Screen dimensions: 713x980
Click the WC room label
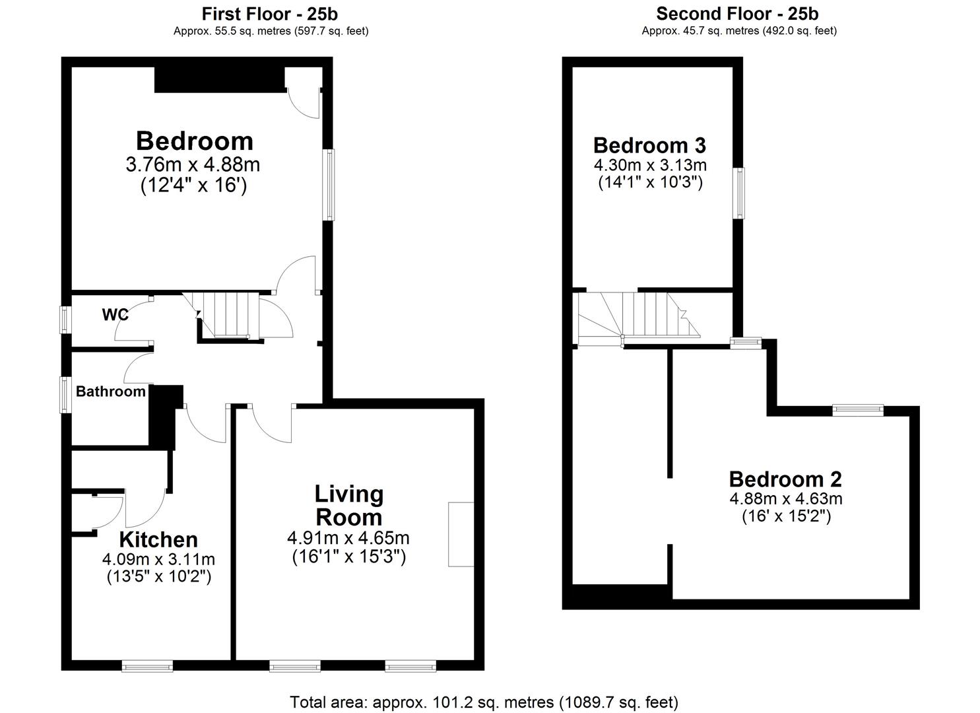coord(115,314)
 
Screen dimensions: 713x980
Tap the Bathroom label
coord(110,391)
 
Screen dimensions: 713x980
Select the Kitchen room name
coord(158,539)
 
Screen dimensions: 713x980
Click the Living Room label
coord(348,505)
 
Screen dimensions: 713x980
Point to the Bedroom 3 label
coord(649,145)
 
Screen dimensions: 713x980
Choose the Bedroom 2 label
coord(785,479)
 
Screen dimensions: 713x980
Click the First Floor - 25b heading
coord(270,13)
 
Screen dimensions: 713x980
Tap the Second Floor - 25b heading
coord(738,13)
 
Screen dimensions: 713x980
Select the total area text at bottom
coord(484,702)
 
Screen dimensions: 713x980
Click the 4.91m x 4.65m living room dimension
coord(348,538)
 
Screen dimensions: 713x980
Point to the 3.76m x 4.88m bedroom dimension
coord(193,164)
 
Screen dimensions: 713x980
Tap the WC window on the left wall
coord(65,320)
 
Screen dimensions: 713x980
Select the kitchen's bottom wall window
coord(147,666)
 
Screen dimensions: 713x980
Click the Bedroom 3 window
coord(740,193)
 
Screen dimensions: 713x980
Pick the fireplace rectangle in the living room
coord(461,534)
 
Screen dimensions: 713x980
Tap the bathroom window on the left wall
coord(65,395)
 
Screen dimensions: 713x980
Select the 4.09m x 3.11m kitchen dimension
coord(158,559)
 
